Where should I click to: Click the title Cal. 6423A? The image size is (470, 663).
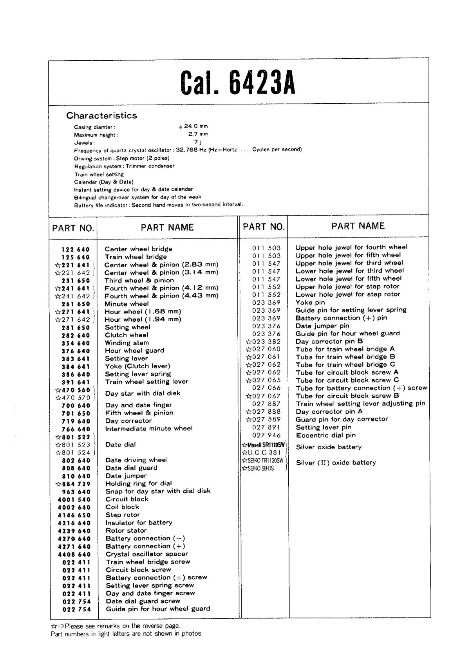point(238,83)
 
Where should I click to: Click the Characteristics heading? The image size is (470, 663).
point(101,115)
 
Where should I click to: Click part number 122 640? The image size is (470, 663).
point(75,249)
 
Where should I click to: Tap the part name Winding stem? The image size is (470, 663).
point(127,343)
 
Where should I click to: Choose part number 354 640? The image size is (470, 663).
point(75,343)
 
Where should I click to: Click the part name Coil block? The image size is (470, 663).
point(122,507)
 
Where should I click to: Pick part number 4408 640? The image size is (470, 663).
point(74,554)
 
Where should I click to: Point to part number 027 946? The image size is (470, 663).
point(266,435)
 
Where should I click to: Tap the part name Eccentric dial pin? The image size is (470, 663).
point(325,435)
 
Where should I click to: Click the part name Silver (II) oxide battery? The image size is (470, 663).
point(336,463)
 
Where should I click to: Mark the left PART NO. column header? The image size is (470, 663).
point(73,228)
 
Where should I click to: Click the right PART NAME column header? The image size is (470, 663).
point(358,226)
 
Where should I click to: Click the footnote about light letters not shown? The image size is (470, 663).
point(127,634)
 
